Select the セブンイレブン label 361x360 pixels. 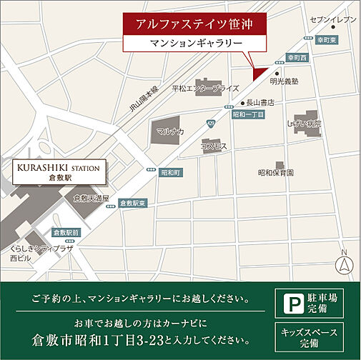coord(332,19)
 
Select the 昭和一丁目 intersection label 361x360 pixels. coord(248,114)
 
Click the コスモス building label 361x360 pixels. coord(214,146)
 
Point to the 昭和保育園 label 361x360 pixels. coord(276,172)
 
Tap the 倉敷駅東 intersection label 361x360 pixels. coord(132,204)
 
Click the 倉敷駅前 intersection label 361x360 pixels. coord(66,233)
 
